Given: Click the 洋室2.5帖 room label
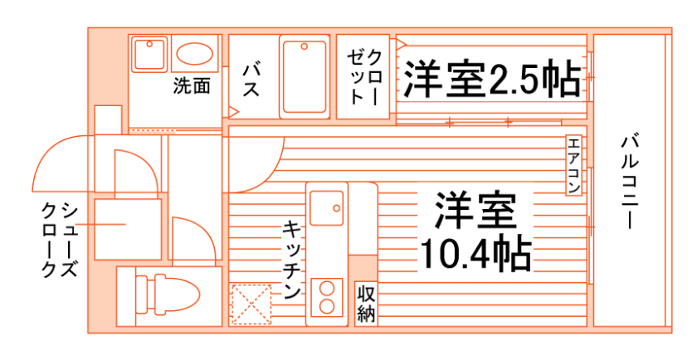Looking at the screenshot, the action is pos(491,80).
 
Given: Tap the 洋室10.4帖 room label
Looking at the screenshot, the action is pos(475,233).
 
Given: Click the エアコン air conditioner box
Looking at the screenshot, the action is pos(573,165).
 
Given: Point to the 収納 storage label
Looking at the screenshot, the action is pos(366,303).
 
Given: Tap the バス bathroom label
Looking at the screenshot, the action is pos(251,78).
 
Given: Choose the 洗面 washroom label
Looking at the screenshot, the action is pos(192,85).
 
